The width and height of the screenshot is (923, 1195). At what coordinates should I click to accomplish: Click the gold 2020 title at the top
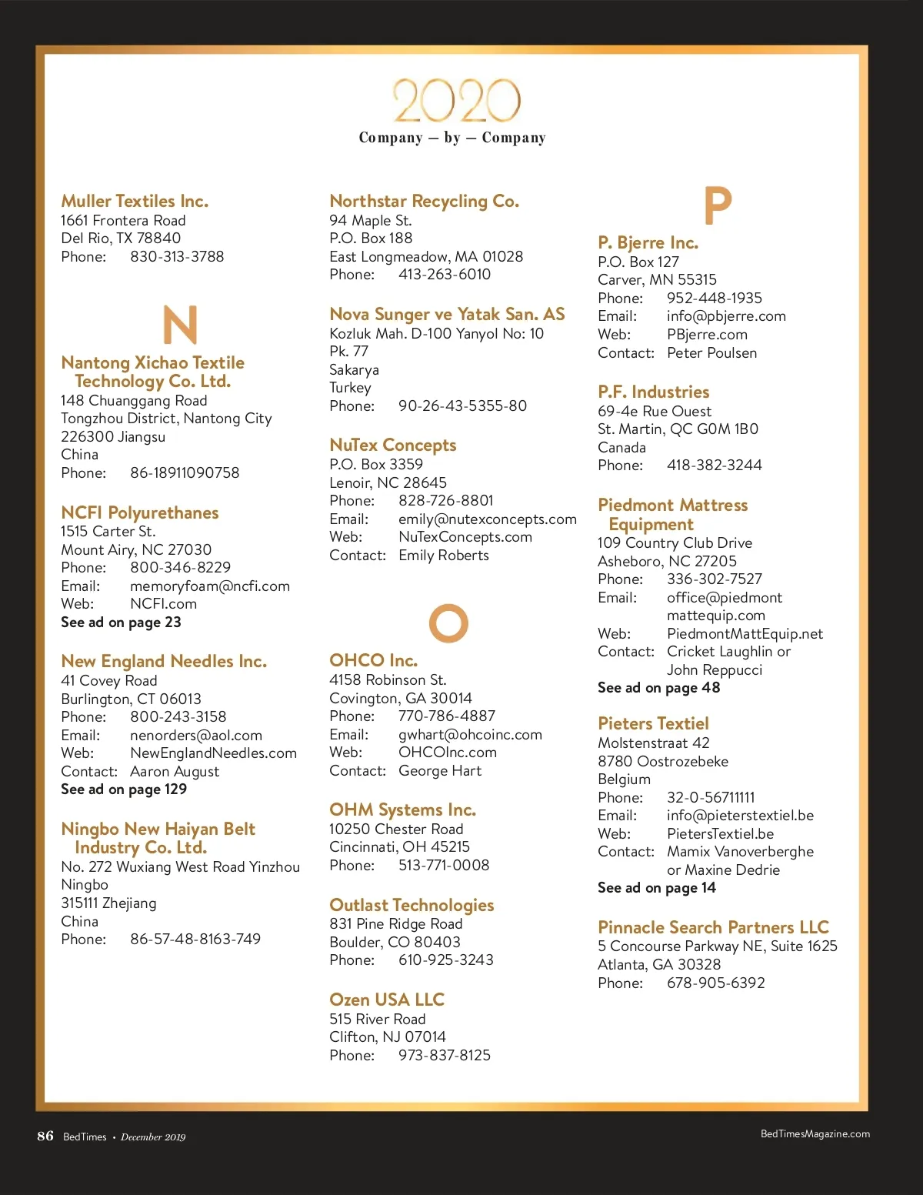457,101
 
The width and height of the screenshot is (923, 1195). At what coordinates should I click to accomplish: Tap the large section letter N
180,325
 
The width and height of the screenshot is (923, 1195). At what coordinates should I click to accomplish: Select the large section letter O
448,623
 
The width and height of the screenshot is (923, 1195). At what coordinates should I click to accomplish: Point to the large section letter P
718,205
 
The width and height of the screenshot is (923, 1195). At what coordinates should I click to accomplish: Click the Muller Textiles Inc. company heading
135,202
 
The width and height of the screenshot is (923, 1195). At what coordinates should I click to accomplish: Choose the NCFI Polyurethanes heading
139,513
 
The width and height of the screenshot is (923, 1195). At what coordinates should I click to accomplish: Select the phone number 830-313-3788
177,257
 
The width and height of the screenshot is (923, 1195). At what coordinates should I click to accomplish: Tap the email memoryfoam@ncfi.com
210,586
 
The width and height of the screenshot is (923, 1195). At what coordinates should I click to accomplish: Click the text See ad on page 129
124,789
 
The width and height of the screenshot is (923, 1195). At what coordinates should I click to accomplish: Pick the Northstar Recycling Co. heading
424,202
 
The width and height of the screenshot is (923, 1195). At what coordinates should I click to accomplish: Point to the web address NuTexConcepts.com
465,537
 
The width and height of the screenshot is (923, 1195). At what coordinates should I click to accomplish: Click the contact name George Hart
440,771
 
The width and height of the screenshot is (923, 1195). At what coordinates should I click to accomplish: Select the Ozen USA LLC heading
387,1000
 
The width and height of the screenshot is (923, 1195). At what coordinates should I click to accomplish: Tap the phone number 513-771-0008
444,866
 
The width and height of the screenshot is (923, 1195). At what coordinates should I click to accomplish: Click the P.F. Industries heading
653,392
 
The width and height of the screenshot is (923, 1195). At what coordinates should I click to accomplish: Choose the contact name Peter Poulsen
711,353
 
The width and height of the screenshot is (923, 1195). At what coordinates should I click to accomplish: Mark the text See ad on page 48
658,688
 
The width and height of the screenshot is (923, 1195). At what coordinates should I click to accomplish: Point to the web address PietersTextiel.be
720,834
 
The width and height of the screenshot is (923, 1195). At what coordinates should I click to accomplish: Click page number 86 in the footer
45,1137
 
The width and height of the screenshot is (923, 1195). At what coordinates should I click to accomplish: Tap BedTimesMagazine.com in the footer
815,1134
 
